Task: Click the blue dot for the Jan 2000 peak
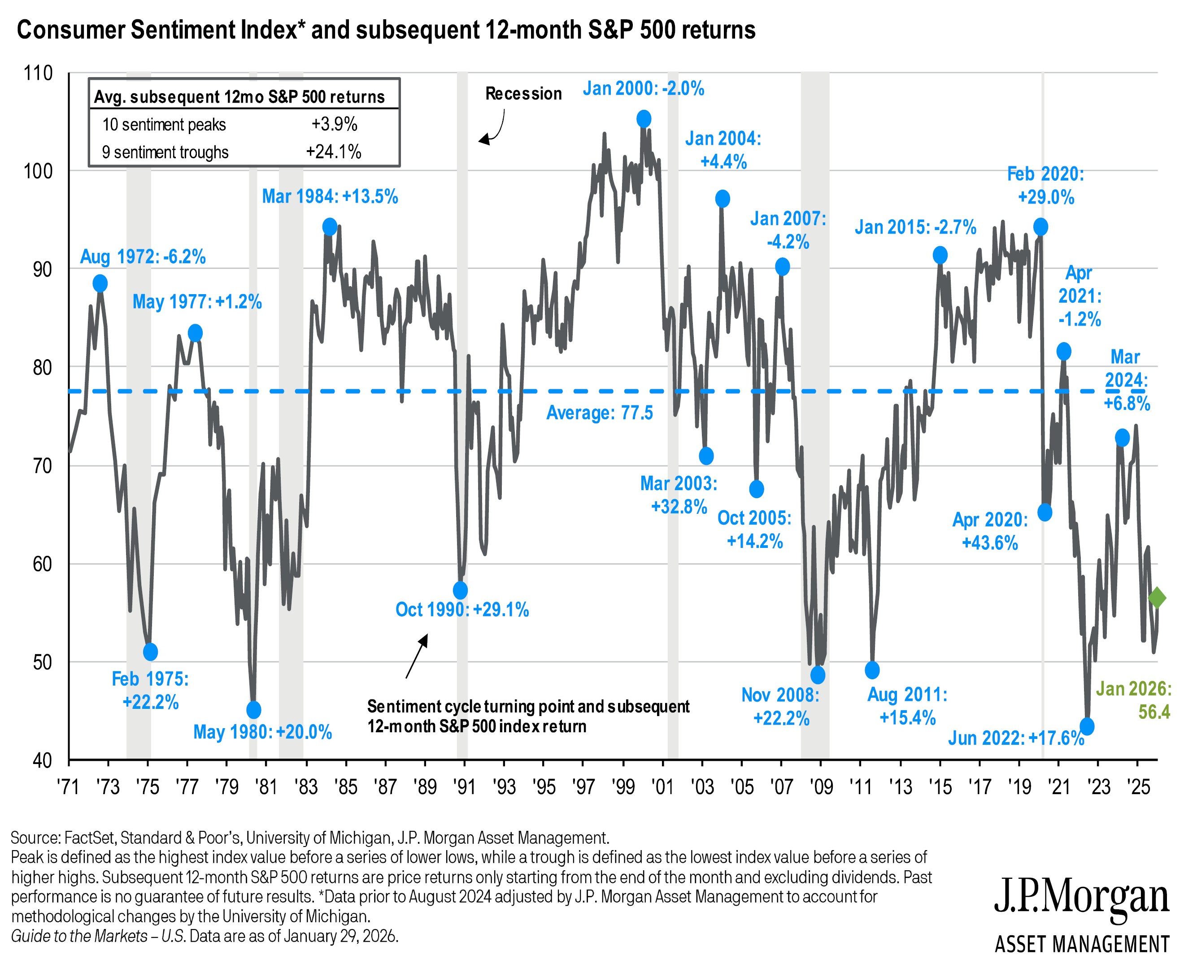coord(644,119)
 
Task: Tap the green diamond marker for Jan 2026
coord(1157,598)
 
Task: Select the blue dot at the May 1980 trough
coord(253,710)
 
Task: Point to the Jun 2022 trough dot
coord(1087,726)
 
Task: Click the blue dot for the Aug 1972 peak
coord(100,283)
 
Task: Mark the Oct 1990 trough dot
coord(461,590)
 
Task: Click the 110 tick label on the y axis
coord(38,73)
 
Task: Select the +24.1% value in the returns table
coord(334,152)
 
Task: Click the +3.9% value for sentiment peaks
coord(334,124)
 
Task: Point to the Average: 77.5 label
coord(599,413)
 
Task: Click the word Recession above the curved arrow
coord(523,94)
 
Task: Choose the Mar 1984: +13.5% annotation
coord(330,196)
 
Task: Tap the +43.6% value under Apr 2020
coord(990,543)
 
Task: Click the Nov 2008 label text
coord(780,695)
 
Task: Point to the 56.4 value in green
coord(1154,712)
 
